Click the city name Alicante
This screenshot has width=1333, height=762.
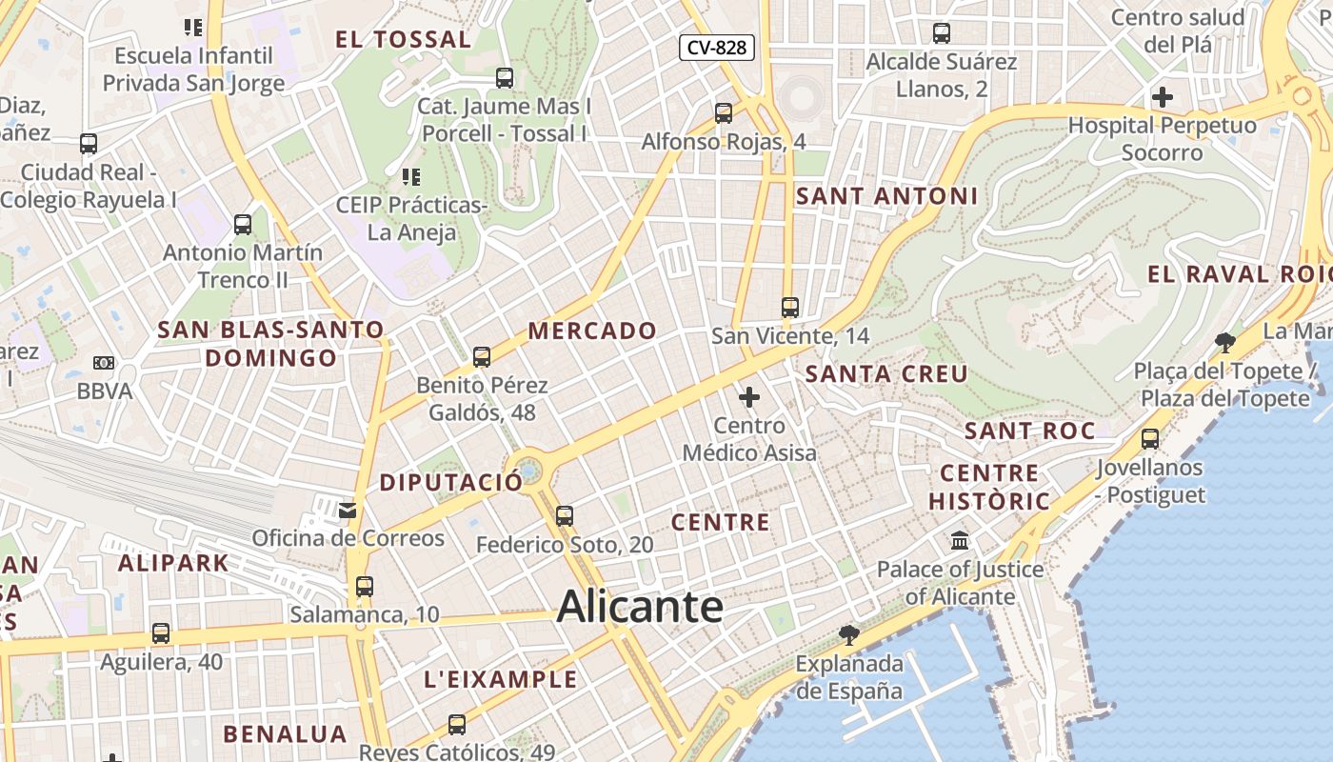coord(640,607)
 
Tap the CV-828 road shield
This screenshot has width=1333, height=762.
coord(717,48)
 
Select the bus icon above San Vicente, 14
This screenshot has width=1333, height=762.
coord(790,307)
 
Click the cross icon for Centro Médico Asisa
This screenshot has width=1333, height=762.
coord(749,396)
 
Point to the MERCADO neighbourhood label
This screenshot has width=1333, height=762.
coord(592,331)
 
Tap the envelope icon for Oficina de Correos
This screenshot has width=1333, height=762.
coord(348,511)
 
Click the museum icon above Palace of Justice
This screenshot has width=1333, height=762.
coord(960,541)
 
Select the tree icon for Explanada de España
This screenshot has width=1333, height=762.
coord(848,634)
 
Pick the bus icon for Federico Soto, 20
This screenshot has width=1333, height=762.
coord(565,516)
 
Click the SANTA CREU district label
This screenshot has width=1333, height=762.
coord(886,374)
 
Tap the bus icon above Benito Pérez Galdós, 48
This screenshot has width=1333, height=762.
coord(482,357)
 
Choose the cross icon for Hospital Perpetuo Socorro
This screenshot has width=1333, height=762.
coord(1162,97)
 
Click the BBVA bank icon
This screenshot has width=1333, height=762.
coord(104,363)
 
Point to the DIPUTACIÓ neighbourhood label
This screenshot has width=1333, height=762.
coord(451,483)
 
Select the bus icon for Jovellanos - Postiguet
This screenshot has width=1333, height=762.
coord(1150,439)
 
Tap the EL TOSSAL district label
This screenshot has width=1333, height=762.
coord(403,40)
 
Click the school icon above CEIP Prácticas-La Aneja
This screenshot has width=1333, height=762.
coord(411,176)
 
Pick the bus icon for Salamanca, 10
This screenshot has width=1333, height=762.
coord(365,587)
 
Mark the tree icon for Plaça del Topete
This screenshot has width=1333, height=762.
coord(1225,343)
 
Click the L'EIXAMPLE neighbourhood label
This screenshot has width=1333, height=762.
coord(500,679)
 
